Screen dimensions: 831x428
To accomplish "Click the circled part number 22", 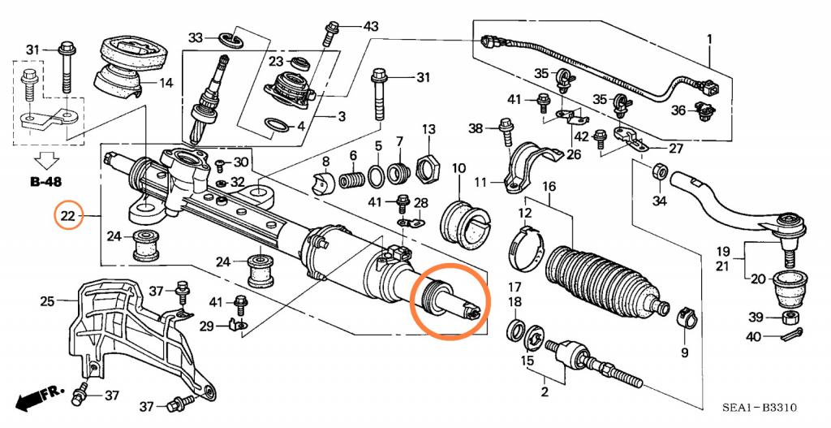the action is pos(69,215).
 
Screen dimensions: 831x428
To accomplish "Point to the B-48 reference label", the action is pos(45,182).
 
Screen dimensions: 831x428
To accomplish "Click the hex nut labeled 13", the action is pos(428,169).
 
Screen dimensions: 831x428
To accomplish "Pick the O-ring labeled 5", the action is pos(377,176).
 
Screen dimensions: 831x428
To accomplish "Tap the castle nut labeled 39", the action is pos(790,318).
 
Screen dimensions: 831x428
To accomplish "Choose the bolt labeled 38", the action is pos(505,132).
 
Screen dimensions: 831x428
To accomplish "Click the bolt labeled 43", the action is pos(330,32).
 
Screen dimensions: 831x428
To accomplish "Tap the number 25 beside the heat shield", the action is pos(46,302).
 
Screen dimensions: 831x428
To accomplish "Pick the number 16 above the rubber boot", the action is pos(549,187).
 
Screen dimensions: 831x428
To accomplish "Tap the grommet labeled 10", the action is pos(467,223).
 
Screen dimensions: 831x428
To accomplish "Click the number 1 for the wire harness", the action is pos(709,40).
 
